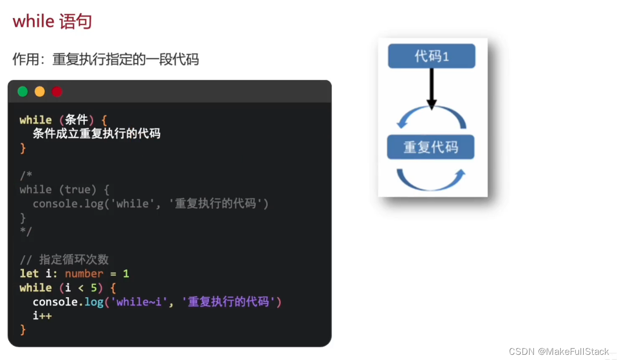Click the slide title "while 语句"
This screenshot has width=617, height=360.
pos(52,21)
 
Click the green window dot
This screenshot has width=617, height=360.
pos(23,92)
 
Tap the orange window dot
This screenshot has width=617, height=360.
pos(40,92)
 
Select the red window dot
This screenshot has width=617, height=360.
pos(57,92)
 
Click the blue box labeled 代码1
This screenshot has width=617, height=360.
pos(431,56)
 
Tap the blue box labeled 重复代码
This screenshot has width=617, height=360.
pos(431,148)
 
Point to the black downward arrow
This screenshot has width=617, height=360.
pos(431,88)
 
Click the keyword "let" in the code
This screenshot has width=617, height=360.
pos(29,273)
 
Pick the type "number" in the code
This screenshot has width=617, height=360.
pos(84,273)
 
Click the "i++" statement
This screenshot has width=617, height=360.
pos(42,315)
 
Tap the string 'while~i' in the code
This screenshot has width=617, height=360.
pos(139,302)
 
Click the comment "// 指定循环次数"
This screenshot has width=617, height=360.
pos(64,260)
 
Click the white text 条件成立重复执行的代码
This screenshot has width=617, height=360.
pos(97,134)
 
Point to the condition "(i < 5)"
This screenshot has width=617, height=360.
pos(84,288)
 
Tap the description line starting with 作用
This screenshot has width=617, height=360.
pos(106,59)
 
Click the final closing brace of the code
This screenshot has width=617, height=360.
pos(23,329)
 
